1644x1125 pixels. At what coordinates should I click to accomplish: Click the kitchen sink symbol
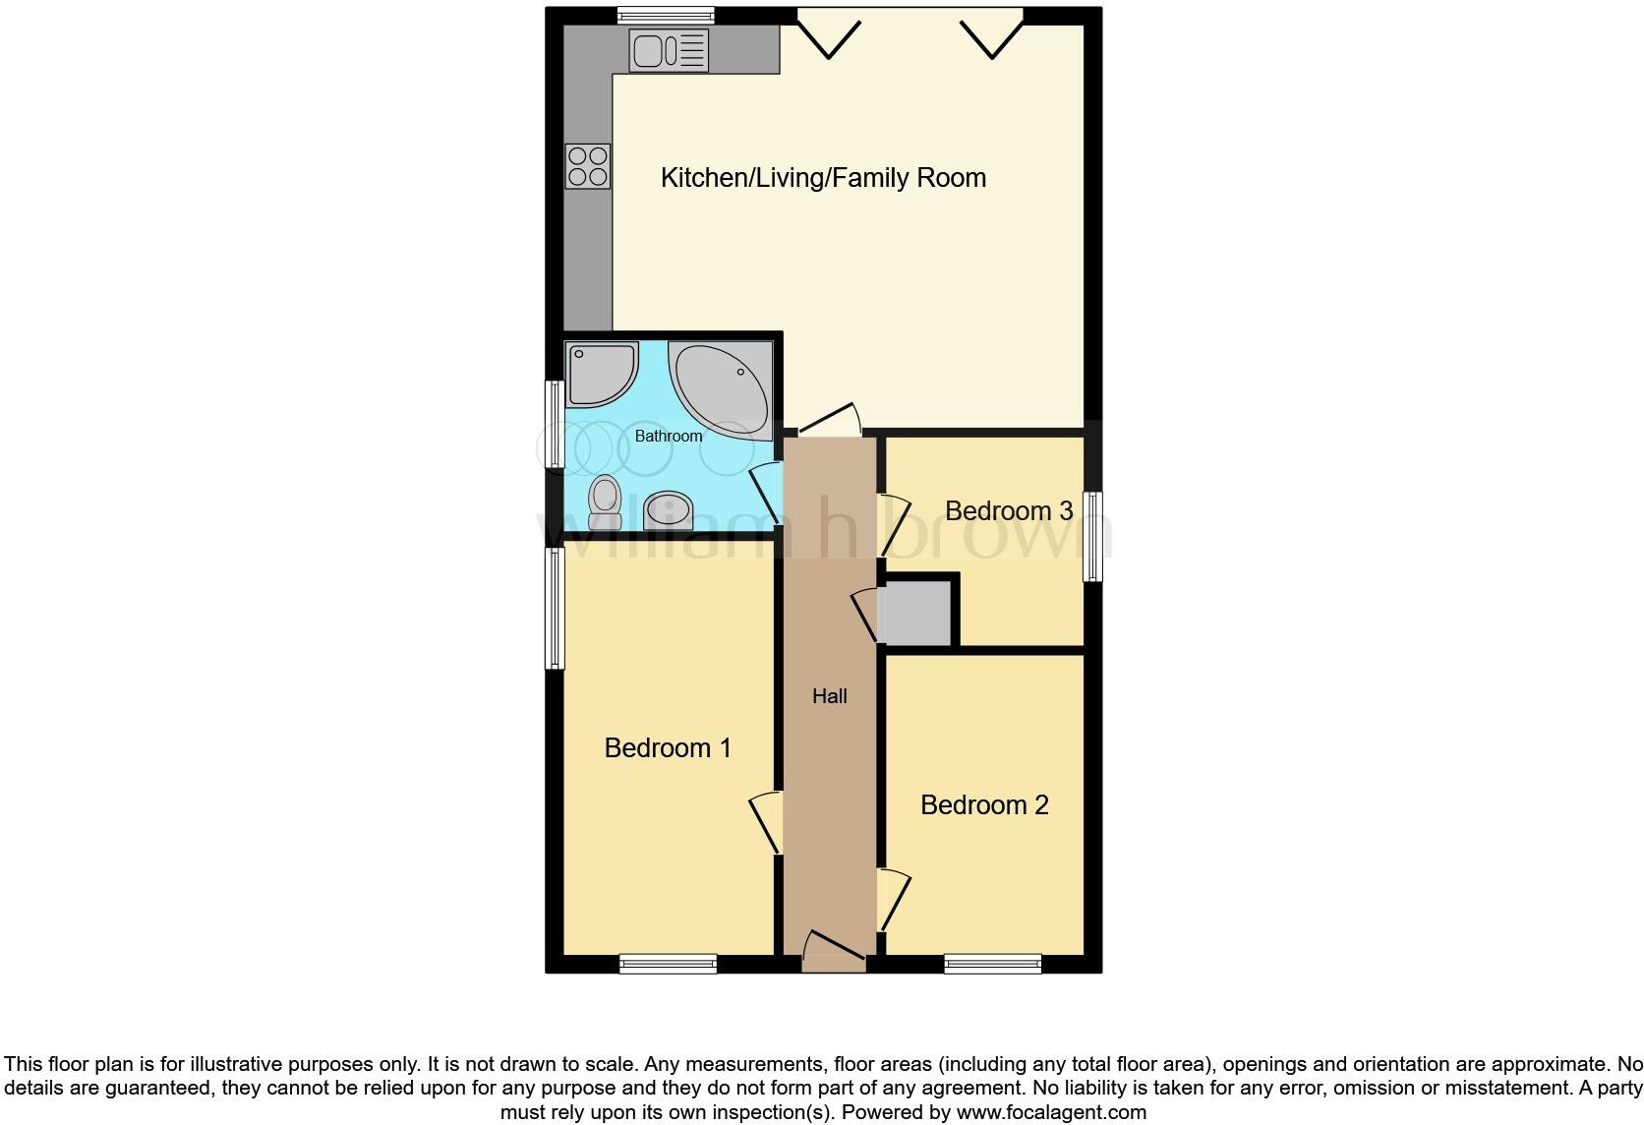tap(669, 51)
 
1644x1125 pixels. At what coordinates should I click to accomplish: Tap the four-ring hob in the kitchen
tap(588, 166)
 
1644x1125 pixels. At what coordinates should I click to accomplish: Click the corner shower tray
tap(600, 374)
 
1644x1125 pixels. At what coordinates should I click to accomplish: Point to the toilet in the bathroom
tap(606, 502)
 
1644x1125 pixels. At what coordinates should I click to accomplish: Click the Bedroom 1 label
tap(668, 748)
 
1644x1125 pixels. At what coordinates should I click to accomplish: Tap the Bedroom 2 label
tap(984, 805)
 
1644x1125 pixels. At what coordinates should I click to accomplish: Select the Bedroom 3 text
tap(1008, 511)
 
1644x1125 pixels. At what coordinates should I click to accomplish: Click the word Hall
tap(829, 696)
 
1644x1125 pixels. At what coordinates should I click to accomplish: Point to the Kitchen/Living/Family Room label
tap(823, 178)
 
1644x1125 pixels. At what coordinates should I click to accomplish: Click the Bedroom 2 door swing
tap(893, 899)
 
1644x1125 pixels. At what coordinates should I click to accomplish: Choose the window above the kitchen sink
tap(666, 15)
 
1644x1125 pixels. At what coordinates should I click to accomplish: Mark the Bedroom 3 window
tap(1092, 536)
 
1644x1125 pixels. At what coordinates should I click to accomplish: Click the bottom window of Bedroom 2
tap(992, 964)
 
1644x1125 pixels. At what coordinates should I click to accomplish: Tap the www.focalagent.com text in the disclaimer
tap(1051, 1113)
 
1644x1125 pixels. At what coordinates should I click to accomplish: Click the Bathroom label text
tap(669, 436)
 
